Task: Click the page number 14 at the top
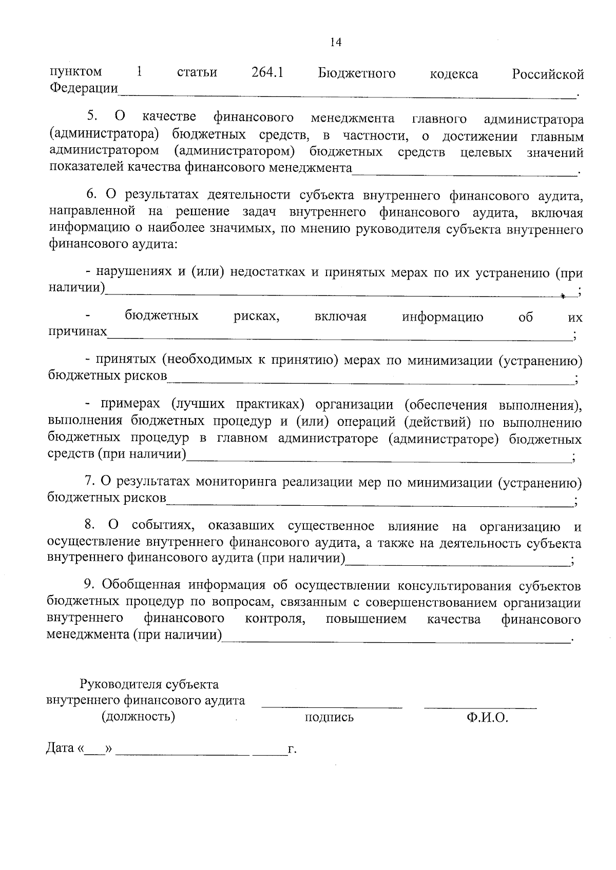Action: (336, 43)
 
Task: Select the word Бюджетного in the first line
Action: (357, 73)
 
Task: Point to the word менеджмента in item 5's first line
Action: (353, 118)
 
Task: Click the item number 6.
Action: (91, 195)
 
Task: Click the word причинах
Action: (78, 332)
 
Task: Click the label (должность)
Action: (139, 717)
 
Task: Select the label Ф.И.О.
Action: (487, 718)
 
